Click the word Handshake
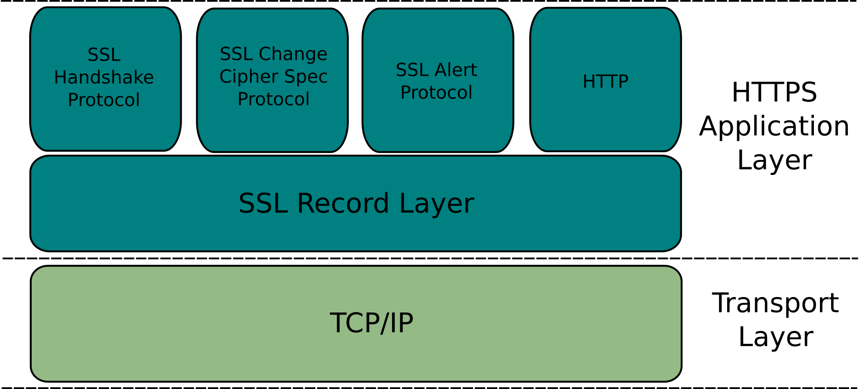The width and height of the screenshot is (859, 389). click(x=104, y=78)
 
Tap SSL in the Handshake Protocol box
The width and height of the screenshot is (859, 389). click(x=104, y=55)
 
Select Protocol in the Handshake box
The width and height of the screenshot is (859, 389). click(x=104, y=100)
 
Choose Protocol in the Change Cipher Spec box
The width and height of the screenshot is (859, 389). click(x=274, y=99)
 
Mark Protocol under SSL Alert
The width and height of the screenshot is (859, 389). click(x=436, y=93)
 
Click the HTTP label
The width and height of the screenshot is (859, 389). click(x=605, y=82)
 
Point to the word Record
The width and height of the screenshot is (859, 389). click(x=343, y=203)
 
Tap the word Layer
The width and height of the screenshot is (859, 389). click(x=436, y=203)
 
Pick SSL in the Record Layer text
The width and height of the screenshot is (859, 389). click(x=263, y=203)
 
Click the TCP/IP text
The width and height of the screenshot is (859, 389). click(x=372, y=323)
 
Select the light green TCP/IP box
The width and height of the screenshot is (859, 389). click(x=172, y=344)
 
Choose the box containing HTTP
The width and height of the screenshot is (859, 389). click(x=605, y=120)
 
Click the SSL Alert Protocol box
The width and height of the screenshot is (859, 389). click(x=438, y=125)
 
